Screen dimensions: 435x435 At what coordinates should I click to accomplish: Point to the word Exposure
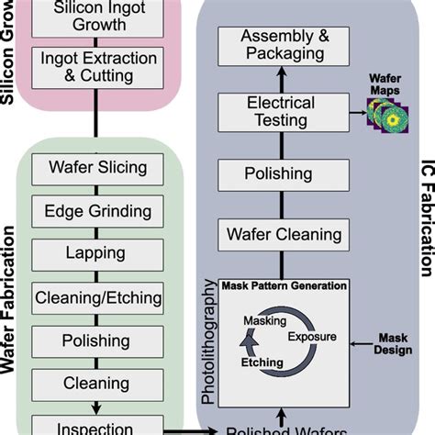(311, 338)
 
